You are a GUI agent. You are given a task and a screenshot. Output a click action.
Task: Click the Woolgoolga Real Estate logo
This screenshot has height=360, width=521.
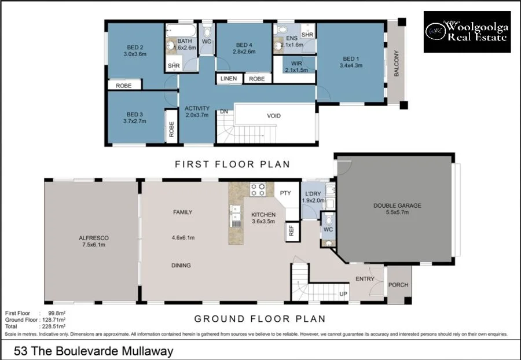coord(467,32)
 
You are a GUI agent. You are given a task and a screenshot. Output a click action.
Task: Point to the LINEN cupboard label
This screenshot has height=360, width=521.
coord(229,78)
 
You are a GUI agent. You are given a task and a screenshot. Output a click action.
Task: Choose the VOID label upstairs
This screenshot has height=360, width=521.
coord(274,116)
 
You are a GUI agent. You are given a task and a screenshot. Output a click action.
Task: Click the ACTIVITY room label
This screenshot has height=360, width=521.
coord(197,112)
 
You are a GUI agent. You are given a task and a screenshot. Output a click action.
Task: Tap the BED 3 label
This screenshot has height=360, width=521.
coord(134,117)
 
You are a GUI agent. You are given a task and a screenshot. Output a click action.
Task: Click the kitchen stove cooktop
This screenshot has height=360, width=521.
coord(258,189)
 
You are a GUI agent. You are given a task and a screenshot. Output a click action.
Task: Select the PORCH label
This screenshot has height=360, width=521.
coord(398,284)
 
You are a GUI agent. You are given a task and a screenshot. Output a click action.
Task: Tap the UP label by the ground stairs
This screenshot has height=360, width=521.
coord(343,294)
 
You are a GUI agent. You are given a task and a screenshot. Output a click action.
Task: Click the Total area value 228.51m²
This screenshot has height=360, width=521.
coord(51,326)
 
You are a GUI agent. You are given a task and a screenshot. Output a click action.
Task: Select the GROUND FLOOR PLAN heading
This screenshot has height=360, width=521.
coord(259,318)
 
